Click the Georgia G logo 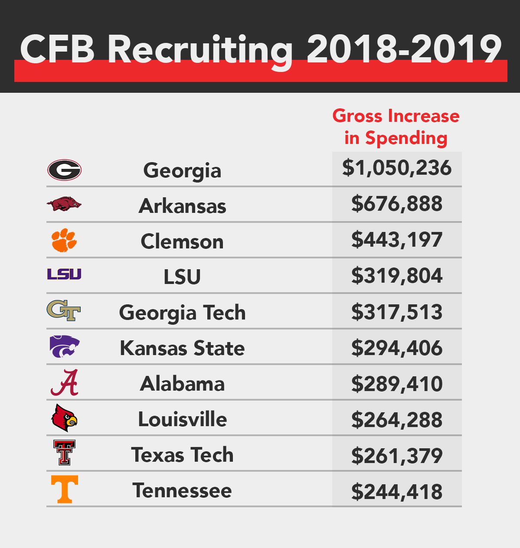coord(64,170)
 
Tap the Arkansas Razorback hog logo coord(64,204)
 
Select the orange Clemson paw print coord(64,240)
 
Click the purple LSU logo coord(64,274)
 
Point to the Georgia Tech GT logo coord(64,310)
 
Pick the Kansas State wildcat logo coord(65,346)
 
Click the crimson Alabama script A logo coord(65,383)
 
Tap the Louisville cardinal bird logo coord(64,418)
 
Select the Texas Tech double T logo coord(65,453)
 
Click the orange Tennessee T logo coord(65,489)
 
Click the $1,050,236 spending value coord(397,168)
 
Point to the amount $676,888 coord(397,204)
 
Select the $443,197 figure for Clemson coord(397,240)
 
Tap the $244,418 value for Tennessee coord(397,492)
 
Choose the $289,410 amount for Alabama coord(397,384)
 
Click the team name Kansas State coord(182,348)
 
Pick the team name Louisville coord(182,419)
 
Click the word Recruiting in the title coord(200,50)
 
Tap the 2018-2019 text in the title coord(404,49)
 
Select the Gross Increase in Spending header coord(396,127)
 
